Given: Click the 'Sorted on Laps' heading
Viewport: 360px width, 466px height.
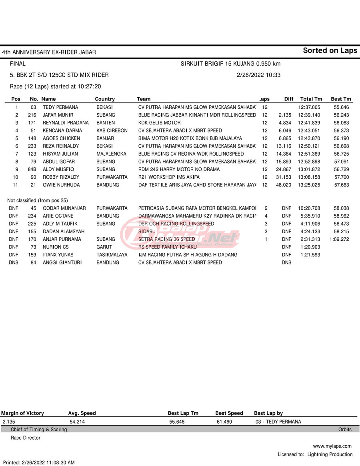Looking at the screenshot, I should (330, 50).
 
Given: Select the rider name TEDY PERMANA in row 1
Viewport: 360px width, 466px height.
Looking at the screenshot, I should (60, 108).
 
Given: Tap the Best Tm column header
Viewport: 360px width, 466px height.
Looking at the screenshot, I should (341, 99).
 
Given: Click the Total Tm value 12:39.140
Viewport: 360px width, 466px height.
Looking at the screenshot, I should (309, 115).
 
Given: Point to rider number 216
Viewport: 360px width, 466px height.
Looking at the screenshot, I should (32, 115).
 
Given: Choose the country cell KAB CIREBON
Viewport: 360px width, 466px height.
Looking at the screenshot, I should (112, 131).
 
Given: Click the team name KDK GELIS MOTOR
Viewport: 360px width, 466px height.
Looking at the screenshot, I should (159, 123).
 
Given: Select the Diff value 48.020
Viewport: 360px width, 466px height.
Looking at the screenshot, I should (284, 185).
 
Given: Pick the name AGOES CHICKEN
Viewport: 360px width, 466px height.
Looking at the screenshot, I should (61, 138).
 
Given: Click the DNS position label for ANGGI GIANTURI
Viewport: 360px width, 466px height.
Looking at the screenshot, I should (13, 263).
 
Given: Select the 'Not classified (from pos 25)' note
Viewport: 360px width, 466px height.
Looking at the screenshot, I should (38, 200).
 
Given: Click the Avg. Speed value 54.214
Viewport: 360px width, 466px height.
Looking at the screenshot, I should (77, 422).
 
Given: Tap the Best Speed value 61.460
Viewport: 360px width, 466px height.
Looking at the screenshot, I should (224, 422).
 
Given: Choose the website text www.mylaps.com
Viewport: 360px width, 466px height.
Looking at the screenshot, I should (332, 446).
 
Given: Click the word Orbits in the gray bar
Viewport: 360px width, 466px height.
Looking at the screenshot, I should (345, 430).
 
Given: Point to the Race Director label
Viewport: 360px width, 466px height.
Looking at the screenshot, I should (26, 438).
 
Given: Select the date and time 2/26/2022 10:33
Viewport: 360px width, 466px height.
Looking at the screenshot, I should (258, 75).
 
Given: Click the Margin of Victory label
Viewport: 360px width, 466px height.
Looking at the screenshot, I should (22, 413).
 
